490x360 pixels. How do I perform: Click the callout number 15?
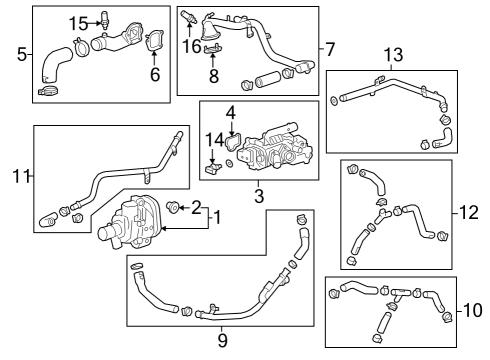(78, 22)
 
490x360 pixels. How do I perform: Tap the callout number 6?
(154, 74)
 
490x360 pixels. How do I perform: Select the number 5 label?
(21, 54)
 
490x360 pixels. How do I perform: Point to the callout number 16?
(190, 47)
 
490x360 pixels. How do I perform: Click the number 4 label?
(230, 112)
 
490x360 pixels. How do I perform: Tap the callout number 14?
(212, 141)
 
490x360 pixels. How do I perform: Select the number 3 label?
(258, 197)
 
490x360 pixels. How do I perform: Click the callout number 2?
(196, 207)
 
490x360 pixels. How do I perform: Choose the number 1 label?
(218, 217)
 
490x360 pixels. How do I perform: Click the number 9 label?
(222, 339)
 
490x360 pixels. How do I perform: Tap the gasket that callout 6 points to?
(155, 43)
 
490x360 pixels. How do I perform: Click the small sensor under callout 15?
(105, 22)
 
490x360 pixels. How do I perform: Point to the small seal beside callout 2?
(173, 208)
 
